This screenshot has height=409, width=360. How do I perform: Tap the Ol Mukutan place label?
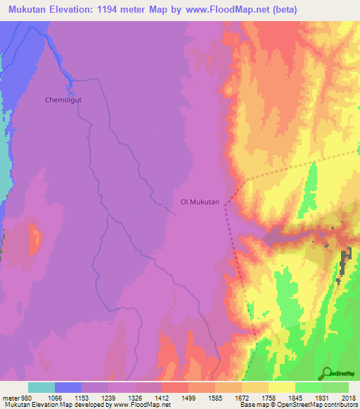200,202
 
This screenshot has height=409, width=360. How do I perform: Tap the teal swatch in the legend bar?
41,387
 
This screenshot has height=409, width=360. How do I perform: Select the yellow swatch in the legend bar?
281,387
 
